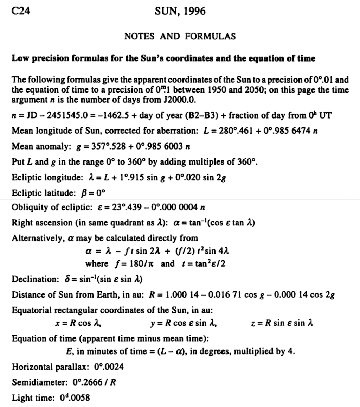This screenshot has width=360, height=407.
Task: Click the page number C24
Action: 21,11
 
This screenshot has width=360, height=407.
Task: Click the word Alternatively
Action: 37,238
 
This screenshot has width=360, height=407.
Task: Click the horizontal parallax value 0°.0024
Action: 109,368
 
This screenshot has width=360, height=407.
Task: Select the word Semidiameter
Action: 36,382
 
